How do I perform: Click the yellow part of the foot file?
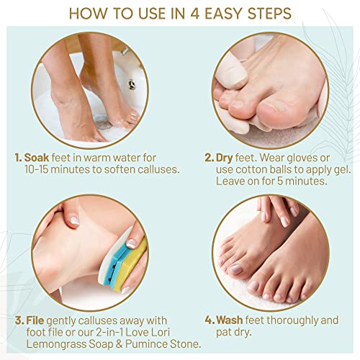[x=136, y=256]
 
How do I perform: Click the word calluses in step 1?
[x=149, y=168]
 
